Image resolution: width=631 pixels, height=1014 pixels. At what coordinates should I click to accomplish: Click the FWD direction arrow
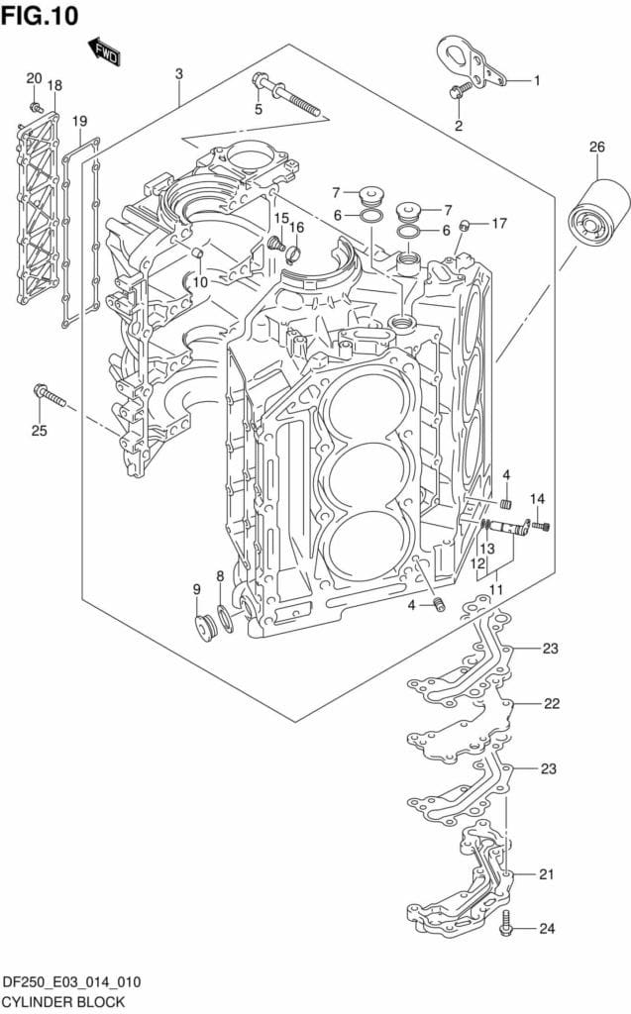pyautogui.click(x=103, y=51)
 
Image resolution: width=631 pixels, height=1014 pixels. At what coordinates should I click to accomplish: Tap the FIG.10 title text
pyautogui.click(x=40, y=15)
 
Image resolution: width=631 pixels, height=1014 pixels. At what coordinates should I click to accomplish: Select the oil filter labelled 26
pyautogui.click(x=598, y=212)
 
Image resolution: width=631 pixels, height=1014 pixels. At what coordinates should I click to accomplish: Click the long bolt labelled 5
pyautogui.click(x=286, y=95)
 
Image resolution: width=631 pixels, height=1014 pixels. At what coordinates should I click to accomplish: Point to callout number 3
pyautogui.click(x=178, y=73)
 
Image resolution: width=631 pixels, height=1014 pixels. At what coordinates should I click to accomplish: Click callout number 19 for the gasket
pyautogui.click(x=79, y=122)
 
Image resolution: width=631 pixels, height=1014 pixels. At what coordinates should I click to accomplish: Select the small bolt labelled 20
pyautogui.click(x=37, y=106)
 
